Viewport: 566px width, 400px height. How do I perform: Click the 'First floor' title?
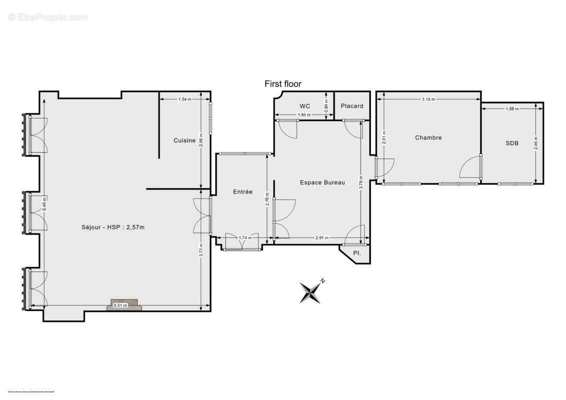(x=283, y=84)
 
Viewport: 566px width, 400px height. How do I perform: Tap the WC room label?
(x=305, y=106)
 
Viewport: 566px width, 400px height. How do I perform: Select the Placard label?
(x=352, y=106)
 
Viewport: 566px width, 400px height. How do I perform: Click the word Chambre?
(x=428, y=137)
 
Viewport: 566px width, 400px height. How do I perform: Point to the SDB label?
(x=512, y=143)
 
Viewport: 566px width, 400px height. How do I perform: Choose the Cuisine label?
(x=185, y=140)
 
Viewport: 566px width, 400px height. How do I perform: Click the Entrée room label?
(x=243, y=191)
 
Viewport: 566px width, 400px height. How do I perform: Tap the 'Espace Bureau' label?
(x=322, y=182)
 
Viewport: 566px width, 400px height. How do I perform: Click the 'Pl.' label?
(x=357, y=253)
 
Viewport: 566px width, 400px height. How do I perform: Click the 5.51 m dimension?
(x=121, y=305)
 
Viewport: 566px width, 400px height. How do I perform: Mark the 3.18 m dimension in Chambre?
(x=428, y=99)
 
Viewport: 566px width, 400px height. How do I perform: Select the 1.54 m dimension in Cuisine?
(x=185, y=99)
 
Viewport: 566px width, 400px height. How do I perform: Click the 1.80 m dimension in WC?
(x=304, y=115)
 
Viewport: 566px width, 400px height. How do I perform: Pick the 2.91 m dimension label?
(x=322, y=238)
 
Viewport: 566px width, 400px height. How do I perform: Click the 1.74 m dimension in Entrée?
(x=245, y=237)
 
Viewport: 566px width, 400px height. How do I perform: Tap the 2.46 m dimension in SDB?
(x=535, y=143)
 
